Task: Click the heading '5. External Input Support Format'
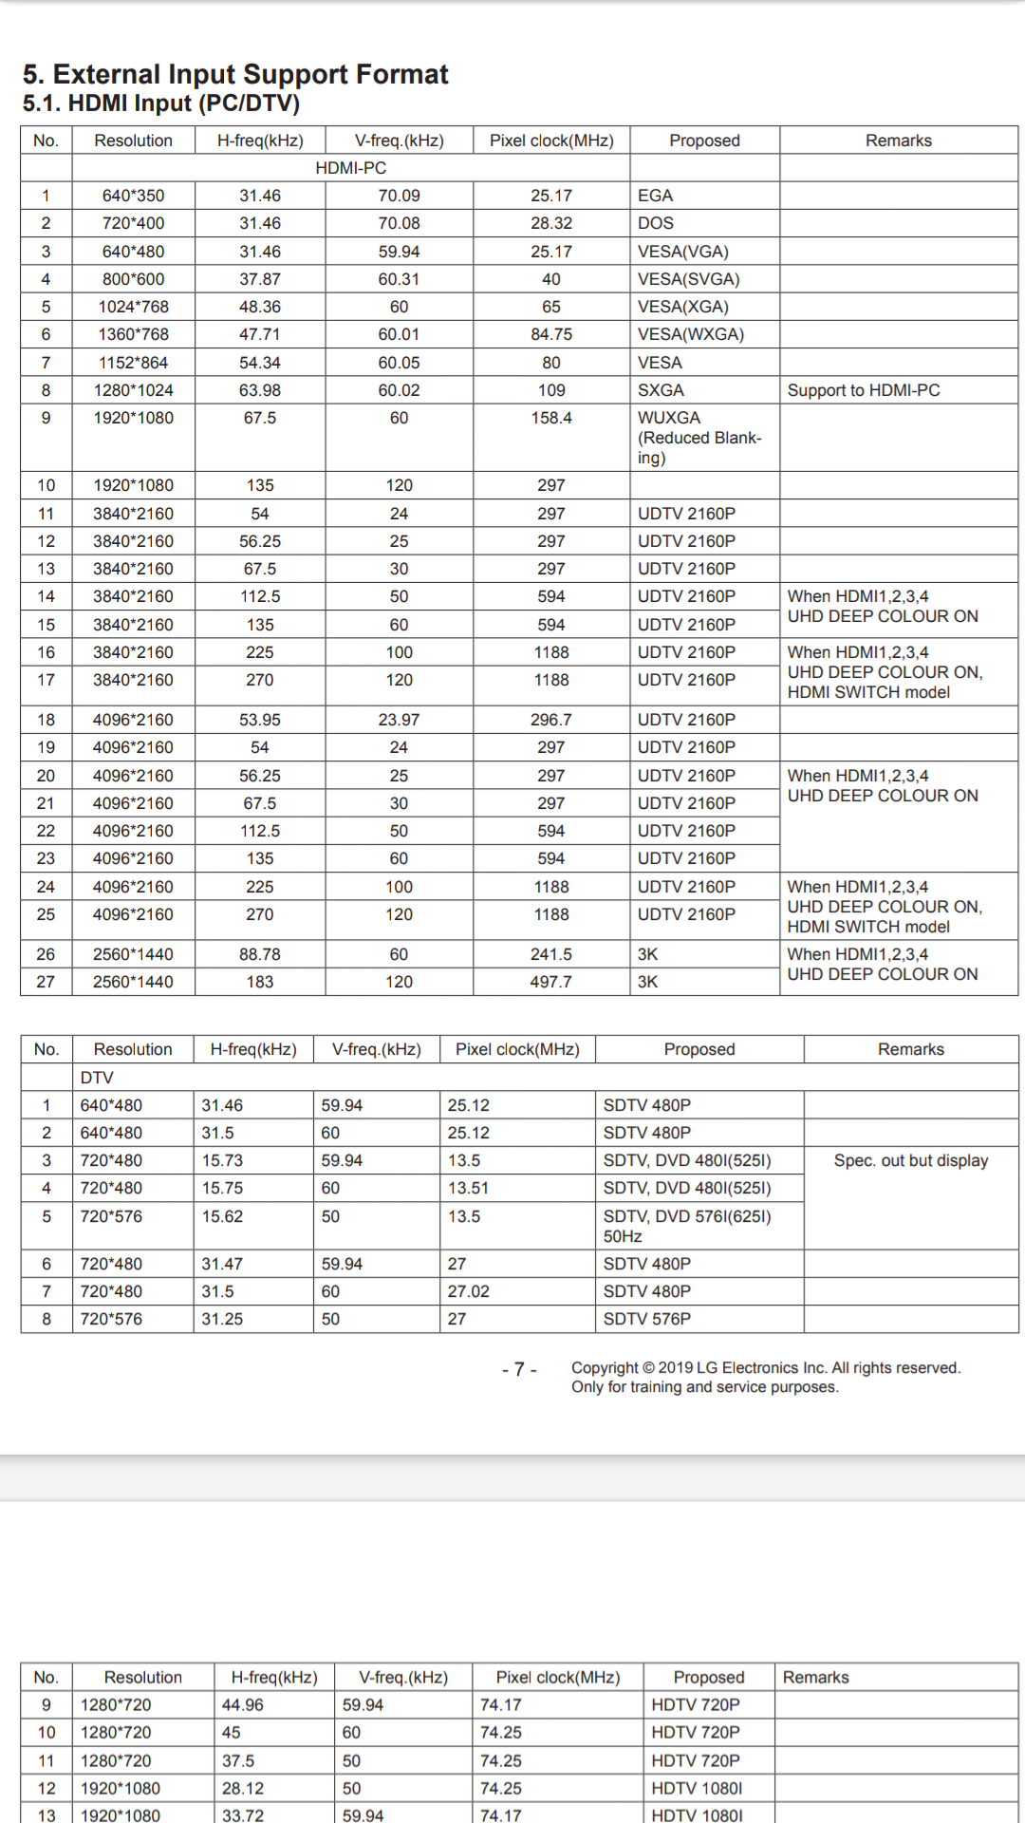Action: pyautogui.click(x=235, y=74)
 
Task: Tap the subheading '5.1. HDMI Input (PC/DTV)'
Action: pyautogui.click(x=161, y=103)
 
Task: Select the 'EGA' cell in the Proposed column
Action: pyautogui.click(x=655, y=196)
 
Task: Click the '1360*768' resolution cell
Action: pyautogui.click(x=133, y=334)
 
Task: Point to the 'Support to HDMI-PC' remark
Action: pyautogui.click(x=863, y=390)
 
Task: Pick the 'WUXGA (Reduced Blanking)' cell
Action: pyautogui.click(x=699, y=438)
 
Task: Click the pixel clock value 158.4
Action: pyautogui.click(x=550, y=418)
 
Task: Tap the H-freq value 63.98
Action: pyautogui.click(x=259, y=390)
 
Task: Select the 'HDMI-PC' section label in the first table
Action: pyautogui.click(x=350, y=168)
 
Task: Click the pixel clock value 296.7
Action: pyautogui.click(x=550, y=720)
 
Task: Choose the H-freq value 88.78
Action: pyautogui.click(x=259, y=954)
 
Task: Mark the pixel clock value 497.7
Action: pyautogui.click(x=550, y=982)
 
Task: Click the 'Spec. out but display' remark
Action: pyautogui.click(x=910, y=1160)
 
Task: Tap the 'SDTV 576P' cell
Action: pyautogui.click(x=647, y=1319)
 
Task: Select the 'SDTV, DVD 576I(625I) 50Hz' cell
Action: pyautogui.click(x=687, y=1226)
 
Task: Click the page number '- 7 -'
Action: pyautogui.click(x=519, y=1369)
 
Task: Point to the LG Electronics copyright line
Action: pyautogui.click(x=765, y=1367)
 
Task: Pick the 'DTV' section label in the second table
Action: pyautogui.click(x=97, y=1078)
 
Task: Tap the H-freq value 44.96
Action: pyautogui.click(x=243, y=1705)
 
